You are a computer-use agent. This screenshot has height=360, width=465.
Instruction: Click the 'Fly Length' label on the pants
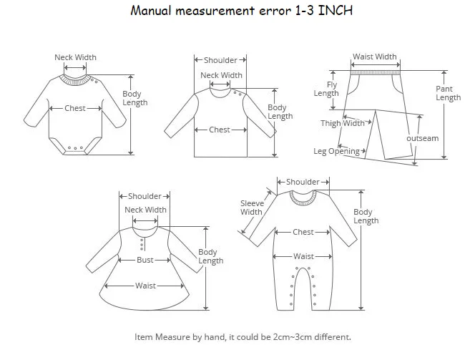coord(326,89)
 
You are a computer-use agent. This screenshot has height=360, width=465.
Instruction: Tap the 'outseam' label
coord(423,138)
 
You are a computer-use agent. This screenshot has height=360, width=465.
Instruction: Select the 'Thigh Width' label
coord(343,123)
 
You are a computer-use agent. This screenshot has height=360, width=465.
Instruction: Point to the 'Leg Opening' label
coord(337,151)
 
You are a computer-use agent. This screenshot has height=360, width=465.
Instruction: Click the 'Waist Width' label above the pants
coord(375,57)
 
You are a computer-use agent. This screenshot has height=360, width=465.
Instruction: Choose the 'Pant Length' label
coord(448,93)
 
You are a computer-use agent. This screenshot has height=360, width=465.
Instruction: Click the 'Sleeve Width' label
coord(252,208)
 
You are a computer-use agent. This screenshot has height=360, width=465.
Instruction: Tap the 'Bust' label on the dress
coord(145,260)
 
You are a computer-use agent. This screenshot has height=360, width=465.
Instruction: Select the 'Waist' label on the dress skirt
coord(145,286)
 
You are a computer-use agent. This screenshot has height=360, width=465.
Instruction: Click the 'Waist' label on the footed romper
coord(303,256)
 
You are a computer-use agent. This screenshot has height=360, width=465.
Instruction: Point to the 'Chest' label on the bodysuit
coord(75,108)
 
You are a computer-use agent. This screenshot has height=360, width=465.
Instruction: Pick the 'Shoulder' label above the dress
coord(145,196)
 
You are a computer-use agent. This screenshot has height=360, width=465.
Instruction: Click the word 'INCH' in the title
coord(335,11)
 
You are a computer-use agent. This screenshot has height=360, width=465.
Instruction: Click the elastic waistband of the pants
coord(376,73)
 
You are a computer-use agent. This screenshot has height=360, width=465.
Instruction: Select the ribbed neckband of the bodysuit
coord(75,80)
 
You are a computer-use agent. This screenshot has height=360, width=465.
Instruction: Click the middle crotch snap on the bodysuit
coord(75,148)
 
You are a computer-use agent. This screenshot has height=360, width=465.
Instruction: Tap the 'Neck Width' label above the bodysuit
coord(75,57)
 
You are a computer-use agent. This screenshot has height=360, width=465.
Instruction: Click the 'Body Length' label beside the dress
coord(210,256)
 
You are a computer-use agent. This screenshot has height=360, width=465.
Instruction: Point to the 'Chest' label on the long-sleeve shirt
coord(220,130)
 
